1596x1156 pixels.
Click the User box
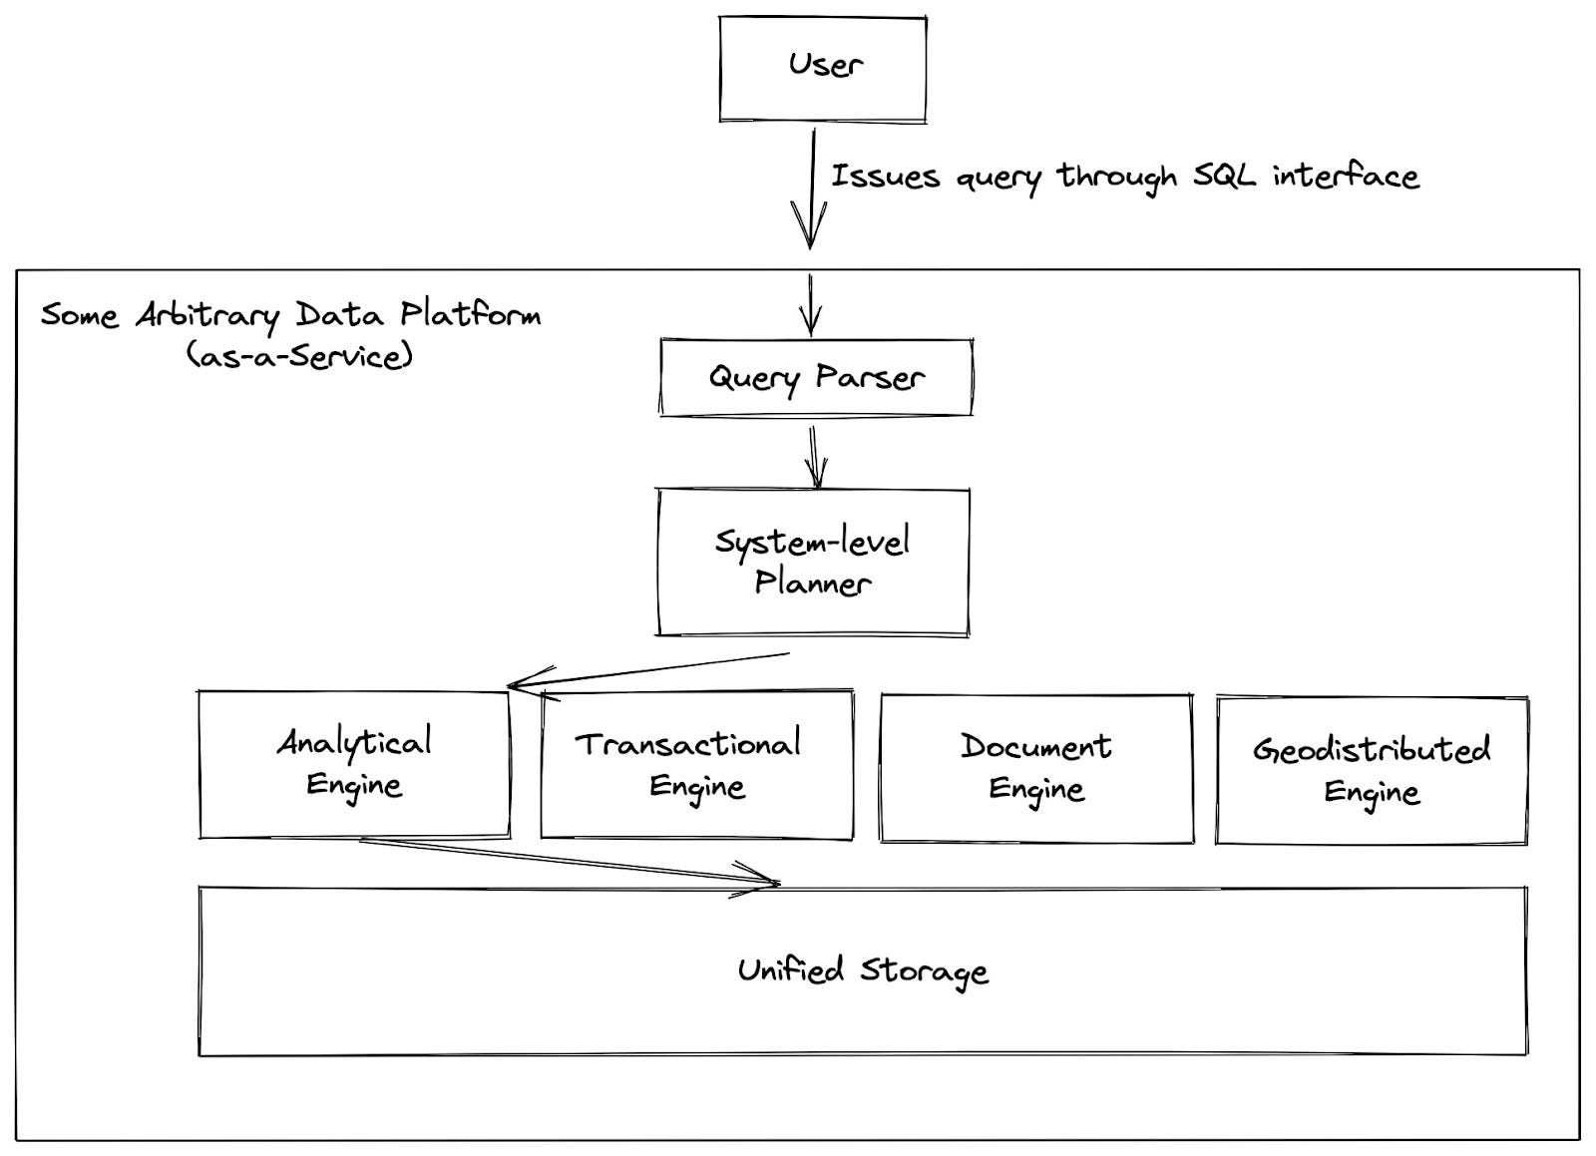pyautogui.click(x=823, y=70)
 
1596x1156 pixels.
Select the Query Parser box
pyautogui.click(x=816, y=377)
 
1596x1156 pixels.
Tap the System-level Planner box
pyautogui.click(x=812, y=562)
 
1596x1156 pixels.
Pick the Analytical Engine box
pyautogui.click(x=354, y=764)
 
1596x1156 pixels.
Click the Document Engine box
pyautogui.click(x=1036, y=768)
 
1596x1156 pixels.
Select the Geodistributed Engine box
pyautogui.click(x=1372, y=771)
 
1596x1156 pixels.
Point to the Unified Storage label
pyautogui.click(x=863, y=970)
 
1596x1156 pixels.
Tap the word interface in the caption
pyautogui.click(x=1346, y=176)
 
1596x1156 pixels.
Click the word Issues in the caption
pyautogui.click(x=885, y=177)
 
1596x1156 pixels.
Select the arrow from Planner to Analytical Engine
pyautogui.click(x=648, y=670)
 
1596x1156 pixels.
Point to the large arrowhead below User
pyautogui.click(x=809, y=225)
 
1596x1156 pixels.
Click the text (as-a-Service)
pyautogui.click(x=299, y=355)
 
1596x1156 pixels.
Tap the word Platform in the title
pyautogui.click(x=471, y=314)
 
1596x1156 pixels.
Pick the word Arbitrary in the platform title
pyautogui.click(x=207, y=315)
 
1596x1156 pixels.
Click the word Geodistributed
pyautogui.click(x=1372, y=749)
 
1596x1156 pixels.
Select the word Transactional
pyautogui.click(x=688, y=744)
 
